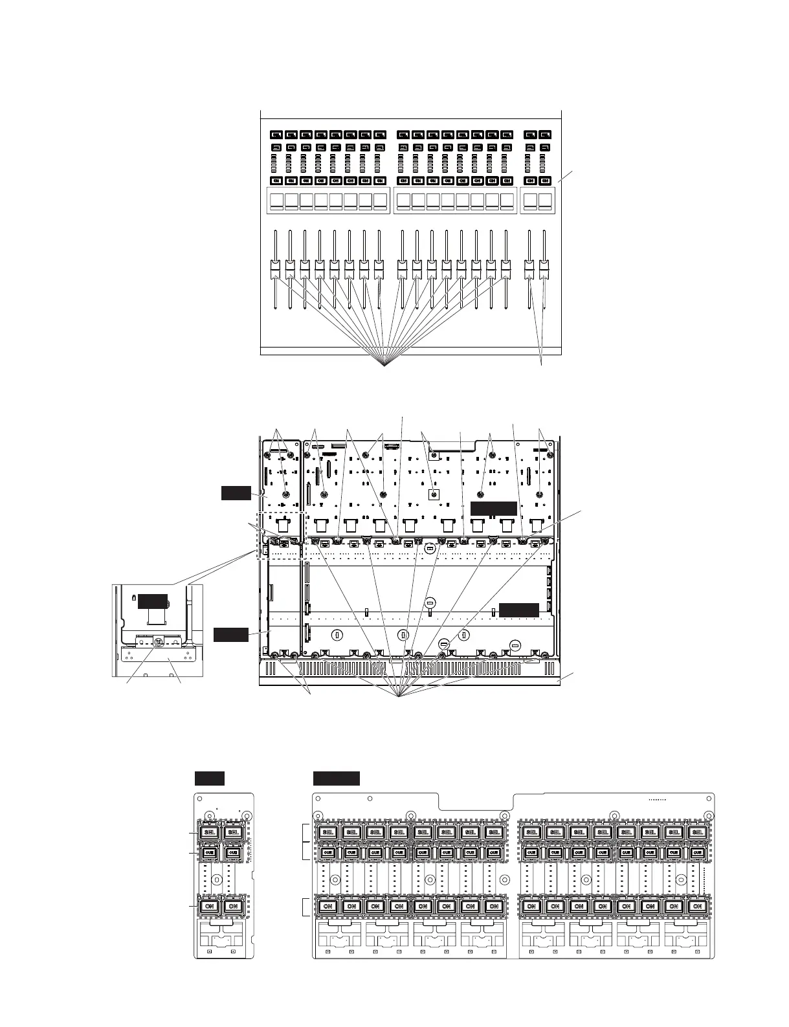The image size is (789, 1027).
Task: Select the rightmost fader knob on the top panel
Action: [545, 267]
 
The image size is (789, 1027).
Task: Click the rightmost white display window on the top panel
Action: [546, 201]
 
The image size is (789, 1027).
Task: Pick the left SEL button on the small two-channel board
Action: [209, 832]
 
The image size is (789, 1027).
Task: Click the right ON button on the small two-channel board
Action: [233, 907]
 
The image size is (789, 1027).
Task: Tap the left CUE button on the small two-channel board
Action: [209, 853]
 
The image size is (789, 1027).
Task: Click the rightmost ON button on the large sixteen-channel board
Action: [697, 907]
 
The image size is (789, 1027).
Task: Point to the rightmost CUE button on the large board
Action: [697, 853]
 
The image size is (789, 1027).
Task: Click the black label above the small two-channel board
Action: [210, 779]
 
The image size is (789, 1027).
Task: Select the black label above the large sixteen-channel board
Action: [336, 779]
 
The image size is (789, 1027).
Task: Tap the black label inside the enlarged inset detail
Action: [151, 599]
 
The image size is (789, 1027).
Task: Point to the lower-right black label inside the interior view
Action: [519, 609]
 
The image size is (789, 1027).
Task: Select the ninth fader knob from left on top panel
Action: [403, 267]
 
